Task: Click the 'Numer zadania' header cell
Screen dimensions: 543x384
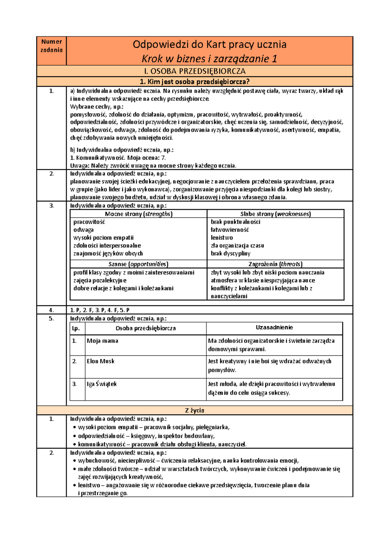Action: [52, 46]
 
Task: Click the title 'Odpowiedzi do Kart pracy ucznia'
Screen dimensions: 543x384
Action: [209, 44]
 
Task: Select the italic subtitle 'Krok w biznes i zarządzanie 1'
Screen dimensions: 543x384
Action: [209, 59]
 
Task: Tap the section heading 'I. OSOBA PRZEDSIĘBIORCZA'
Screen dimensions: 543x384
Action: [195, 71]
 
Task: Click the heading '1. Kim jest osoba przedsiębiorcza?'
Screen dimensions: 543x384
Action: [195, 82]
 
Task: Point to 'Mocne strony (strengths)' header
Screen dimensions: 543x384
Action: [139, 214]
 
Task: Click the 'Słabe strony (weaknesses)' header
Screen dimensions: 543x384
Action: [276, 214]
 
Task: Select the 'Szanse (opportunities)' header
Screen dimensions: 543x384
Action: [139, 264]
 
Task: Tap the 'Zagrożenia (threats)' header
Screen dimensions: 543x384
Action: [276, 264]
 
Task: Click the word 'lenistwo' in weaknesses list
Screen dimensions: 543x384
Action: [222, 238]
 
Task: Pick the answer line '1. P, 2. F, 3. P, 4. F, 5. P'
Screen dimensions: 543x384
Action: [100, 310]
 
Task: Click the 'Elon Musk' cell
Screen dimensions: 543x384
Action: [100, 361]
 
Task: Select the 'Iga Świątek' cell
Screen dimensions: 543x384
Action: [102, 384]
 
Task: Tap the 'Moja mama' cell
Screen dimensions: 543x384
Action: [102, 341]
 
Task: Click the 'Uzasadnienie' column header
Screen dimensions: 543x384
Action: [274, 328]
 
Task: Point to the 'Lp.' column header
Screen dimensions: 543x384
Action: [76, 328]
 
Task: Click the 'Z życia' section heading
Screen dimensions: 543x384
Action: [195, 410]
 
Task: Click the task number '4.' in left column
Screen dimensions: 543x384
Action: [52, 310]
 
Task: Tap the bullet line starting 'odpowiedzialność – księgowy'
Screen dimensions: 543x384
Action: [146, 436]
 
